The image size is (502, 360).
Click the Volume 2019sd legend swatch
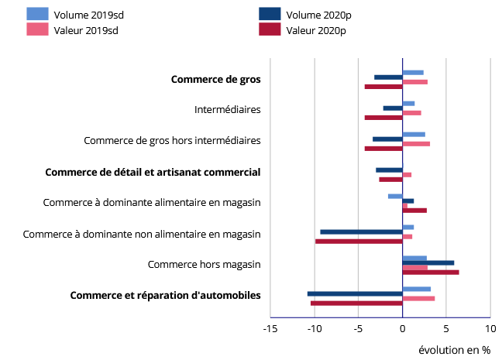(x=37, y=14)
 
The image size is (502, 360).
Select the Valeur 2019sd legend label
(x=86, y=30)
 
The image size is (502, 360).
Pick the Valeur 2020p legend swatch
(x=269, y=30)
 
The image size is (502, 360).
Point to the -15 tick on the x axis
(x=270, y=329)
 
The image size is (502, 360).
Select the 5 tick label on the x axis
(x=446, y=329)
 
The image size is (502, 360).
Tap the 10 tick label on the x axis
(x=490, y=329)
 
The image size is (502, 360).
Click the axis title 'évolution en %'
(x=454, y=350)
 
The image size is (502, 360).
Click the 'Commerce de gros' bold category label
(x=215, y=79)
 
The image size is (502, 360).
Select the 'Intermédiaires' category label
(x=227, y=109)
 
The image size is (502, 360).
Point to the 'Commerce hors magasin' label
(x=204, y=264)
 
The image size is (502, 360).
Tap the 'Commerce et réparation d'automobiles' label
(x=165, y=295)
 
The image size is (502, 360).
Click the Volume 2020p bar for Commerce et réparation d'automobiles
(x=355, y=293)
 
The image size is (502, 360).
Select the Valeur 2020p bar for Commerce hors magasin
(x=431, y=273)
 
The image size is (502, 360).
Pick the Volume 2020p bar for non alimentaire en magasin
(x=361, y=231)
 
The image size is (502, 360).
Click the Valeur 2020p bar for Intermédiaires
(x=383, y=118)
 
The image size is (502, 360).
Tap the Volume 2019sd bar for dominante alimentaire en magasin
(x=395, y=196)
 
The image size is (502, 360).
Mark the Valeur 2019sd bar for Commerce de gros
(x=415, y=81)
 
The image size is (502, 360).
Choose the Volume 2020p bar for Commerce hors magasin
(x=428, y=262)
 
